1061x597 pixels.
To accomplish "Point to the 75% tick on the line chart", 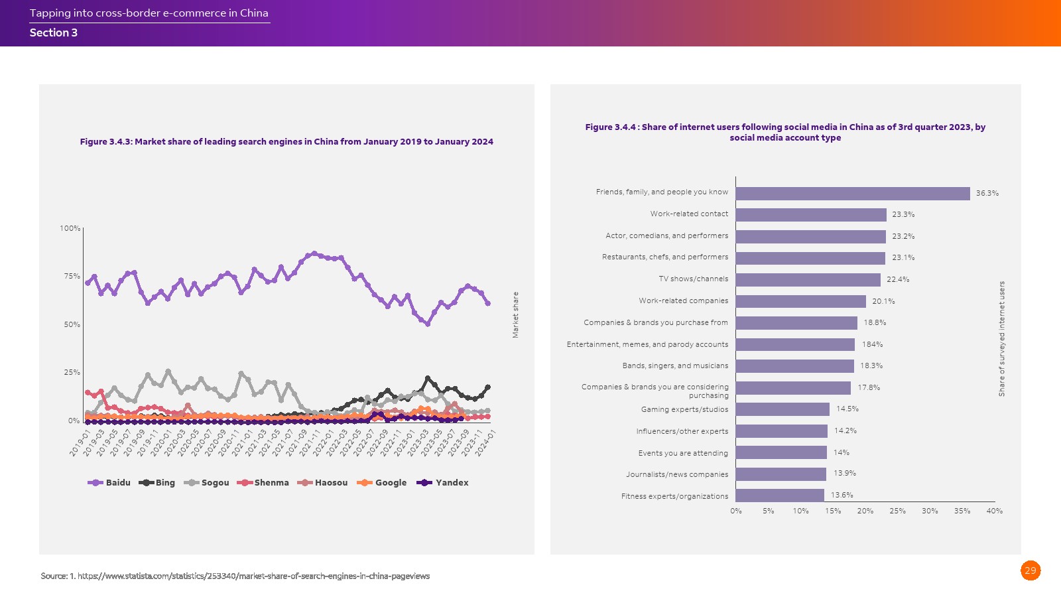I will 72,277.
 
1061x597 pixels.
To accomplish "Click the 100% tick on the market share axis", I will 70,229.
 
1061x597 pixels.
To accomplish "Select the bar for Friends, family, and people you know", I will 852,193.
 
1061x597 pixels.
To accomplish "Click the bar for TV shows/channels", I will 808,280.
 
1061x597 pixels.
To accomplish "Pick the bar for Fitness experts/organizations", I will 779,496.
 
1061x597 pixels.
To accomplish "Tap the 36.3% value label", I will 987,194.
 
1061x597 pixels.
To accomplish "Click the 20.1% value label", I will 883,302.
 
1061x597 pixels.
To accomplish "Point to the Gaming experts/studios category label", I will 684,410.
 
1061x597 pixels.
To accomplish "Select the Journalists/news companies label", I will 677,475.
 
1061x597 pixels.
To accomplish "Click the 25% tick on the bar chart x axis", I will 897,511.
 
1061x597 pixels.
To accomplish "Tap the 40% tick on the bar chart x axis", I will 994,511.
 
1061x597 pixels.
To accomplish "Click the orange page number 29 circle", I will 1030,570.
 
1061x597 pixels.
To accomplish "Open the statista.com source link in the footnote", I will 253,576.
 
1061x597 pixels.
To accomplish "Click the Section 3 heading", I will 54,33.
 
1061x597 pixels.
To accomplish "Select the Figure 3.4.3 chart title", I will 286,142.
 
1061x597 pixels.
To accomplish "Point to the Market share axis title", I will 515,315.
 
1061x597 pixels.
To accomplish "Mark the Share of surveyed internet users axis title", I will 1002,339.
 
